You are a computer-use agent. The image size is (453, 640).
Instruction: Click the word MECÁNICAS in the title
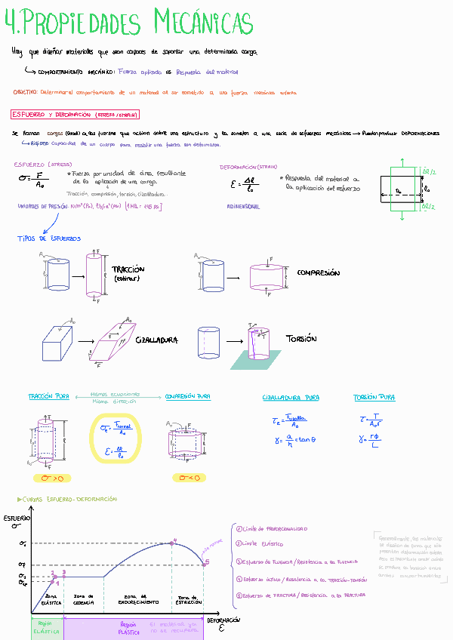point(203,23)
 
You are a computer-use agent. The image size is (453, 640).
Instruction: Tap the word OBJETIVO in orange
point(25,91)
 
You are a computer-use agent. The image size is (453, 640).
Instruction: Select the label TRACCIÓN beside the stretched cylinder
point(128,269)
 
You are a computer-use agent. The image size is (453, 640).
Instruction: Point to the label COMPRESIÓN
point(318,273)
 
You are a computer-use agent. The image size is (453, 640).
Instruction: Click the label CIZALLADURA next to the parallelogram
point(156,340)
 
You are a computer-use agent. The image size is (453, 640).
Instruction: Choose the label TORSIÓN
point(301,339)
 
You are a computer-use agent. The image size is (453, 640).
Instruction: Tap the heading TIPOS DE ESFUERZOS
point(49,238)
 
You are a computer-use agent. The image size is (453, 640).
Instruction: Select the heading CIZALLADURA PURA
point(291,397)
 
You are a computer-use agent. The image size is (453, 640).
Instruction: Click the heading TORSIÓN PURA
point(374,397)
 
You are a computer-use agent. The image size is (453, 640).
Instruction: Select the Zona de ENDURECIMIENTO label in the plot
point(137,601)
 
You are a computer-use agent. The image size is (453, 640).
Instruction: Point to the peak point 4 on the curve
point(174,541)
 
